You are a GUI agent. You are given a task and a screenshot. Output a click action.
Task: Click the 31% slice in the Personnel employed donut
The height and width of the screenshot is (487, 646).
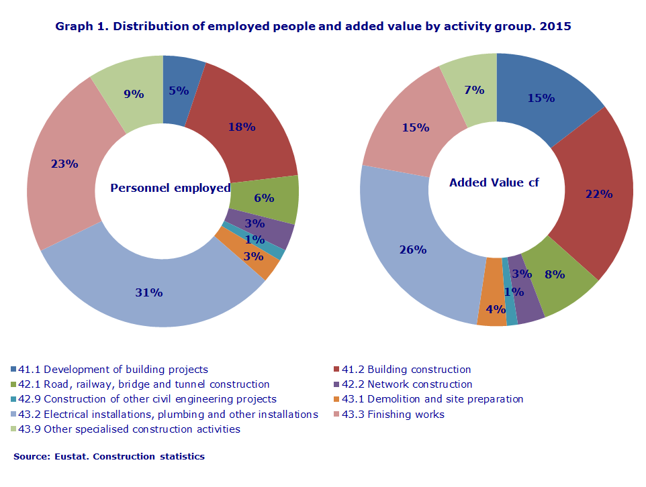click(149, 292)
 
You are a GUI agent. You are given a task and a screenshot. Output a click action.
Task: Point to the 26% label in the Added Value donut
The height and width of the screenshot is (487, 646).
click(413, 250)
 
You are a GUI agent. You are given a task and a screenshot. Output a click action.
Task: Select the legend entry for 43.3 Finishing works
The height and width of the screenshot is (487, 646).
click(393, 415)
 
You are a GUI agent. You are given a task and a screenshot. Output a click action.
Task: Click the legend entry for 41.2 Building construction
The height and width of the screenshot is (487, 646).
click(406, 370)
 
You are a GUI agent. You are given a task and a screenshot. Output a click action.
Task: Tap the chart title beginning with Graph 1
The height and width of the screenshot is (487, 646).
click(313, 27)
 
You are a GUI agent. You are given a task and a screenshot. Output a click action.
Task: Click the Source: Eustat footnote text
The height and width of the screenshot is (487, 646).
click(109, 457)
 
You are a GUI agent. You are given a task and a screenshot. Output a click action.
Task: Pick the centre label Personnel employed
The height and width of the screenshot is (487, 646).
click(170, 188)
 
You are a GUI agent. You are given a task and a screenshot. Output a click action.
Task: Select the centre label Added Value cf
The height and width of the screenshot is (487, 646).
click(494, 182)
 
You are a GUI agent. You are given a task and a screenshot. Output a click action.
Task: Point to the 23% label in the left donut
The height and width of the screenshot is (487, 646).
click(64, 163)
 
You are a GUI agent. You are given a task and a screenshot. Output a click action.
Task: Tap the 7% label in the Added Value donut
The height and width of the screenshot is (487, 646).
click(474, 90)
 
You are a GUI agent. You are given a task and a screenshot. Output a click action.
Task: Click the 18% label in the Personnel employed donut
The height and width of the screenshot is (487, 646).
click(242, 126)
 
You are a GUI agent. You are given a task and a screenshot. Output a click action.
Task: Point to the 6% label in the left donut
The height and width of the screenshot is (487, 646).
click(264, 198)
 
